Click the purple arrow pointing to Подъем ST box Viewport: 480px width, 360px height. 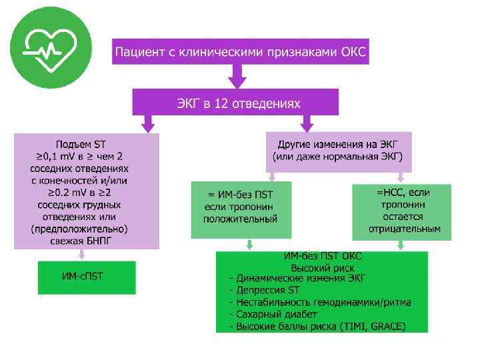pos(147,123)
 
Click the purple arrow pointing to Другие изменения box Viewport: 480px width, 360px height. pos(307,123)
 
